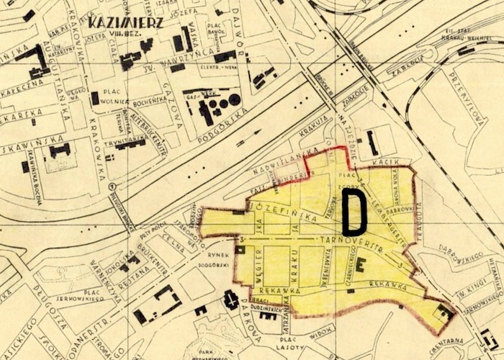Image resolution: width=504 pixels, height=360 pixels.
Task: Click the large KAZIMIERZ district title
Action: (125, 21)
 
